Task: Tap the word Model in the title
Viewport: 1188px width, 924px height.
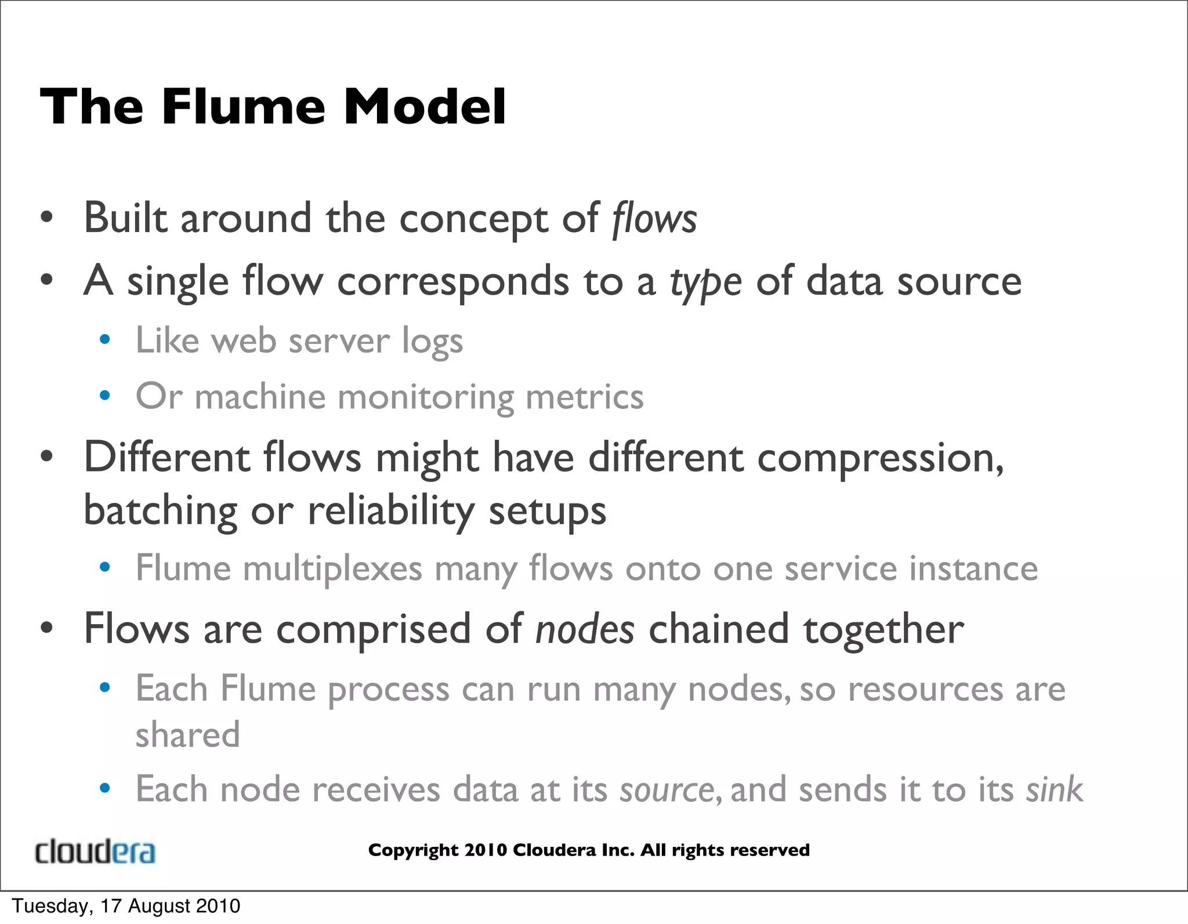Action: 425,107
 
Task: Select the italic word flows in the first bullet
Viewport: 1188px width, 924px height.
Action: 654,219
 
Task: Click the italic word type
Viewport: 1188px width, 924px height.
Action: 705,282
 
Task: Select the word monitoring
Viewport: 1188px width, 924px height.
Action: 425,397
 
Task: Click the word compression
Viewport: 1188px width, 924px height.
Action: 880,458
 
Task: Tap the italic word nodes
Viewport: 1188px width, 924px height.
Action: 585,629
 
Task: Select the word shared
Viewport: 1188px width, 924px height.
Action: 187,734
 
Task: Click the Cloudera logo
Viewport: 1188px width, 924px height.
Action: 95,851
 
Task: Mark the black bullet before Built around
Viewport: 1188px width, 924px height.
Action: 47,219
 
